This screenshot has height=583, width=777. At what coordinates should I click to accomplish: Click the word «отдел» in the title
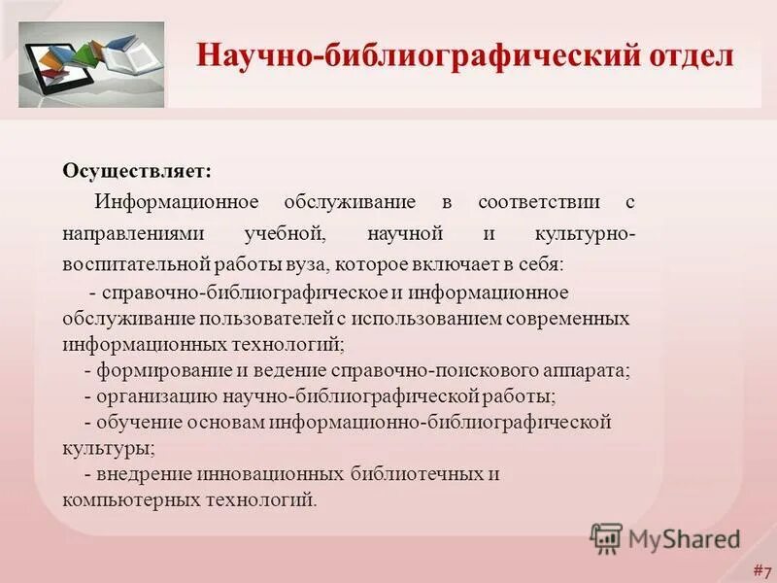[684, 54]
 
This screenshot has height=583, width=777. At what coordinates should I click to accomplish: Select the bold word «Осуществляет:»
[137, 171]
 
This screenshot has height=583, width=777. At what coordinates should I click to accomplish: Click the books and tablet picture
[91, 65]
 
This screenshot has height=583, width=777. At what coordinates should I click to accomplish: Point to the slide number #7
[760, 569]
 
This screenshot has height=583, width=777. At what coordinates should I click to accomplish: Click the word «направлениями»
[125, 233]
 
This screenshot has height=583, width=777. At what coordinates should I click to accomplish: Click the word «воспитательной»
[136, 263]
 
